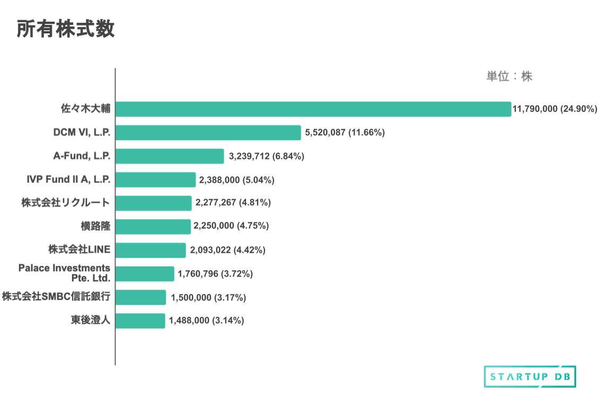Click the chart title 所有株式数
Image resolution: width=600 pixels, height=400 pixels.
click(x=66, y=30)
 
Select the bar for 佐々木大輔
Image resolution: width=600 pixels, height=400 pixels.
click(x=313, y=109)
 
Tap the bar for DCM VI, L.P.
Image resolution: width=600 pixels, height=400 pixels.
click(x=208, y=132)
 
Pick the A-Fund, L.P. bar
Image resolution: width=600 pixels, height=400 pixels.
click(x=170, y=156)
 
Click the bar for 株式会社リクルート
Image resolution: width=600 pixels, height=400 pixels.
click(x=153, y=203)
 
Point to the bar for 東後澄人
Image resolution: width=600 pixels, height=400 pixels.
click(x=140, y=321)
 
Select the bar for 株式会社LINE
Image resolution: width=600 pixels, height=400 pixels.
click(x=151, y=250)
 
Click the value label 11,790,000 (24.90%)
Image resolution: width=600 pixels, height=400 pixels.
click(x=554, y=109)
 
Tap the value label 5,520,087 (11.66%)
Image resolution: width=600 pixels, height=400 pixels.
click(x=345, y=132)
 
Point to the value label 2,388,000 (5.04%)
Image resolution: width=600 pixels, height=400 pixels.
click(x=236, y=180)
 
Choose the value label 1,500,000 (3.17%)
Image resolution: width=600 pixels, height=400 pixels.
click(x=208, y=298)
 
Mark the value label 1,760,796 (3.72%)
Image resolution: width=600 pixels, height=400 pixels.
click(x=215, y=274)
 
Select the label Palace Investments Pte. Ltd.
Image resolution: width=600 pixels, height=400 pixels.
click(x=64, y=273)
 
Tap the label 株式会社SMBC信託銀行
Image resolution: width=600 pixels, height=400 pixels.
click(x=56, y=297)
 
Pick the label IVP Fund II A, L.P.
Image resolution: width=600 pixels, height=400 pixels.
click(x=68, y=180)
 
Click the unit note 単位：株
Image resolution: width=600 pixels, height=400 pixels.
click(x=509, y=76)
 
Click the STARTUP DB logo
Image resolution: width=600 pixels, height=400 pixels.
click(x=530, y=377)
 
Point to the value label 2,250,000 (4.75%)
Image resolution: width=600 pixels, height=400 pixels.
click(x=231, y=226)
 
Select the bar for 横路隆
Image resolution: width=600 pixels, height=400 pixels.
click(x=153, y=227)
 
